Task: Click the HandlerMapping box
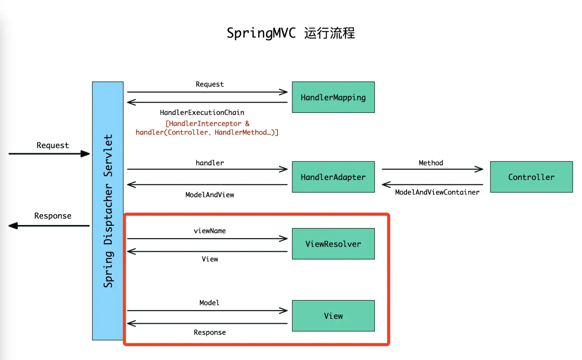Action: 333,97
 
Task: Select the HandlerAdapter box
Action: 333,177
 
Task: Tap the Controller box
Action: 531,177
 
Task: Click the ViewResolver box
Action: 333,244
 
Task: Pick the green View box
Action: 333,316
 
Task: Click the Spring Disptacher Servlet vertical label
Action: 108,211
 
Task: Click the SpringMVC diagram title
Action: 291,33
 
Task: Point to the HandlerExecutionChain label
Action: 202,112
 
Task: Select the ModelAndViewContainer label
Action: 437,192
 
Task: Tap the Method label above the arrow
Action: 431,163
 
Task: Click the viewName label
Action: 210,231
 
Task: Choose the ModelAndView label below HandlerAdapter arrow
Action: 210,195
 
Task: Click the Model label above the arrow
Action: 209,303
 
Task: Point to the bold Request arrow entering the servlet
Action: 49,154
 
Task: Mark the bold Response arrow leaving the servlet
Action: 49,226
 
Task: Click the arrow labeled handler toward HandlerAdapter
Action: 207,169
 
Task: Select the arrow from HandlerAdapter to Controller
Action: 432,169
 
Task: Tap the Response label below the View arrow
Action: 210,332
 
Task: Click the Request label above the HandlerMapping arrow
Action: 210,84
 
